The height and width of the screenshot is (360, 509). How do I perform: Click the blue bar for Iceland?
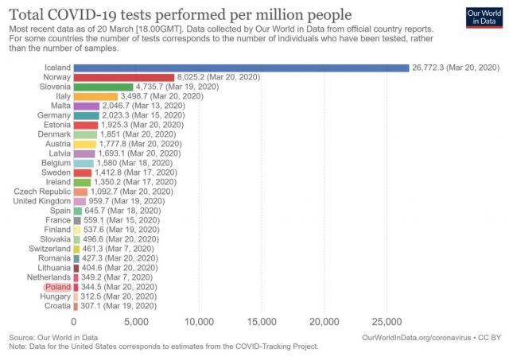tap(240, 68)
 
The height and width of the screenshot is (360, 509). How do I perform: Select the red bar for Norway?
tap(123, 77)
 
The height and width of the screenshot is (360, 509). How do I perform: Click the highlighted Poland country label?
tap(58, 286)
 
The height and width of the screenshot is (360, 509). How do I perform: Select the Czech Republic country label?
tap(43, 192)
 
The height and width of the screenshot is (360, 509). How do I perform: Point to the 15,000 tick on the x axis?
tap(262, 322)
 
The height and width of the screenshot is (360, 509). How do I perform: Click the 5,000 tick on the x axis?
tap(136, 322)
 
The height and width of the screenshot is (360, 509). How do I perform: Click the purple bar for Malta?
tap(86, 106)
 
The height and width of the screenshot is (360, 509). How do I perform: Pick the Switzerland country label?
tap(48, 249)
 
